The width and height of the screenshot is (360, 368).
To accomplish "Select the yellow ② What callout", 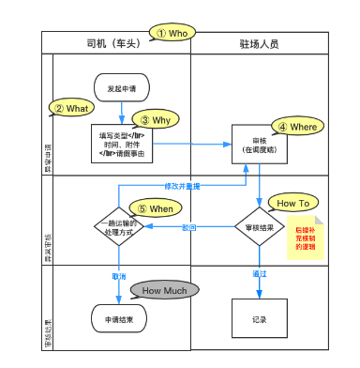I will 71,108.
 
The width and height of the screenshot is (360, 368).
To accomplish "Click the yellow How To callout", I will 292,202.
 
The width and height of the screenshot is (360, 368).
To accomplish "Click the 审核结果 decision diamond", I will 258,227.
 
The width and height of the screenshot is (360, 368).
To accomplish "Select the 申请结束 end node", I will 121,319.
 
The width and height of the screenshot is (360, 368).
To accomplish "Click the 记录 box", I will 259,319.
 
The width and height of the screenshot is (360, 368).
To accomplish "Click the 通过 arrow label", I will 260,274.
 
